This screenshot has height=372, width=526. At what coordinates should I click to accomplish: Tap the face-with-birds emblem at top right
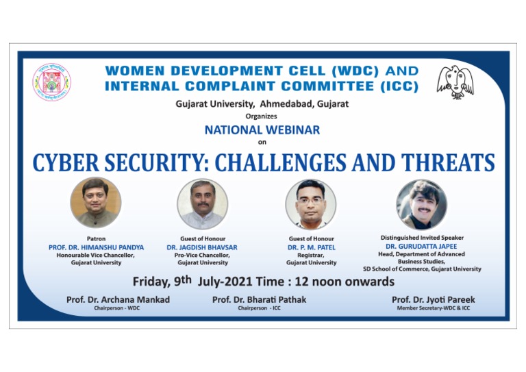tap(456, 82)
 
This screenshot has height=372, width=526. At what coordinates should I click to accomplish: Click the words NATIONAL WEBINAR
tap(262, 129)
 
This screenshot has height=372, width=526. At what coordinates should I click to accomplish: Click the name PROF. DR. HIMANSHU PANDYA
tap(96, 247)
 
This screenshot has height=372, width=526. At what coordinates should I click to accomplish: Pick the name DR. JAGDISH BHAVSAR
tap(203, 247)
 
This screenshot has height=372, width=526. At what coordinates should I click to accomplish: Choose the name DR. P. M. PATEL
tap(311, 247)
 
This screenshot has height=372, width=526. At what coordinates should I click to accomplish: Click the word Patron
tap(96, 238)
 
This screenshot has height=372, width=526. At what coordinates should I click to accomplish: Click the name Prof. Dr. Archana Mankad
tap(110, 299)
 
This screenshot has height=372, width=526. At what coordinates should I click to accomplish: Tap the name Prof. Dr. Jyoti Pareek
tap(434, 299)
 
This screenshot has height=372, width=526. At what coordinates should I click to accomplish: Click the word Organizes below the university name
tap(262, 116)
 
